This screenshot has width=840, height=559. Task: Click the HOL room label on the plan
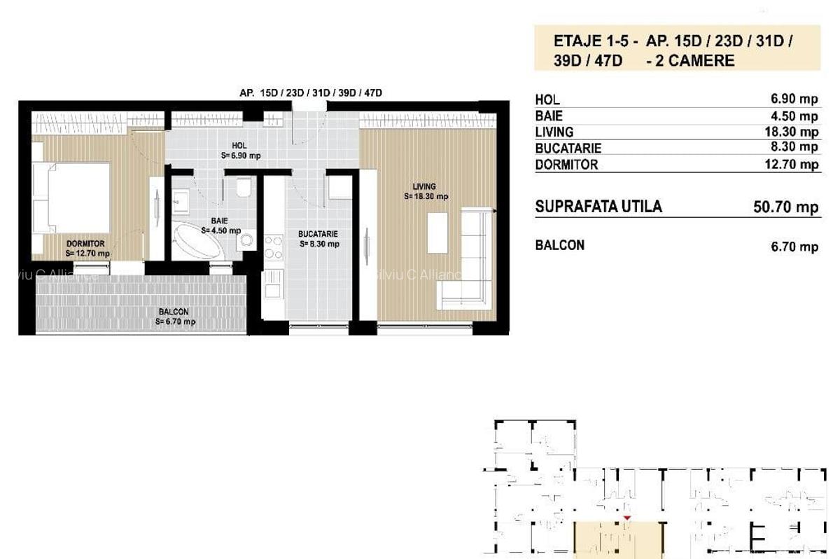tap(239, 146)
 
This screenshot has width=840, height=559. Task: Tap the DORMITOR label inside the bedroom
tap(85, 244)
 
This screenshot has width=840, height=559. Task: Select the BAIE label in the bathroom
tap(219, 221)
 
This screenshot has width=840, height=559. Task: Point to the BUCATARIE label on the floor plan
tap(318, 234)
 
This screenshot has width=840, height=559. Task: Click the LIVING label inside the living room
tap(424, 186)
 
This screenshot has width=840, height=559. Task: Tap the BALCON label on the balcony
tap(174, 312)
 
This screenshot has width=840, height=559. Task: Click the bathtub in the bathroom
tap(197, 240)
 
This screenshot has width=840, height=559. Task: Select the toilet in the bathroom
tap(244, 187)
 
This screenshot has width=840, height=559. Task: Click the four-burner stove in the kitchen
tap(274, 247)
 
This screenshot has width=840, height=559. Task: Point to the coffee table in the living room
tap(437, 233)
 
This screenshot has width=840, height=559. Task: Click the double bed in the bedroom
tap(71, 198)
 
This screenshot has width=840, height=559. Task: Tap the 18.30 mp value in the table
tap(792, 132)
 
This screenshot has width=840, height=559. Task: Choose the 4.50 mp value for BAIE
tap(794, 116)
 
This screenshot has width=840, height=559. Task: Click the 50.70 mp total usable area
tap(786, 207)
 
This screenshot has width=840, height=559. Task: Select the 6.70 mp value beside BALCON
tap(794, 247)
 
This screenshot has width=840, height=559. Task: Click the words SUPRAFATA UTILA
tap(598, 207)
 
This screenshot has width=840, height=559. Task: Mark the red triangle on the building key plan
tap(627, 518)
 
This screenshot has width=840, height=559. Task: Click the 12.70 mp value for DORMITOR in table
tap(792, 164)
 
